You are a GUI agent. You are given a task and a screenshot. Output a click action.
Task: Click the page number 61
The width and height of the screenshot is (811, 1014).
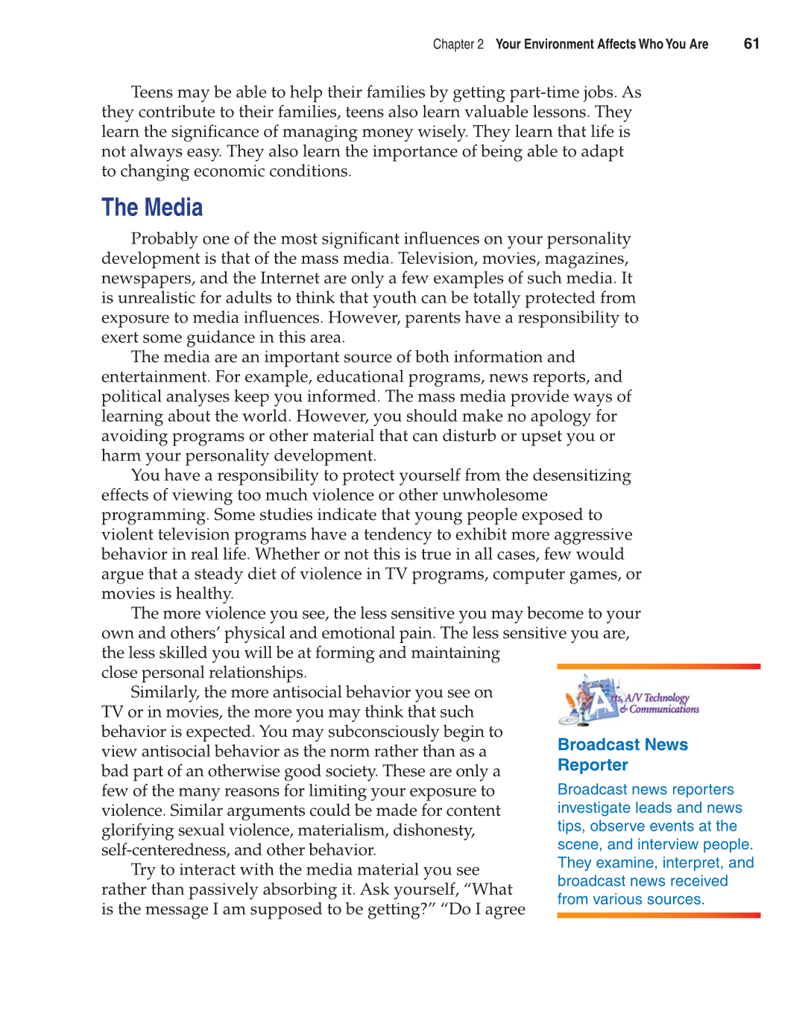pos(751,44)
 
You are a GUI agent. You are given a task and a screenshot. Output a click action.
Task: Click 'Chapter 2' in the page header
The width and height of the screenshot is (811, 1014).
pos(458,45)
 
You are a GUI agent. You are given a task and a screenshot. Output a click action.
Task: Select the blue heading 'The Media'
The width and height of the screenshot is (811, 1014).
pos(152,208)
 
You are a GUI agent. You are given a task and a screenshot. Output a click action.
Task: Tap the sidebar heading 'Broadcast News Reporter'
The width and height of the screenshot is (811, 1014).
pos(622,755)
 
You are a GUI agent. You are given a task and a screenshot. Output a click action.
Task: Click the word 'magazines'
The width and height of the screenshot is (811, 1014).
pos(586,259)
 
